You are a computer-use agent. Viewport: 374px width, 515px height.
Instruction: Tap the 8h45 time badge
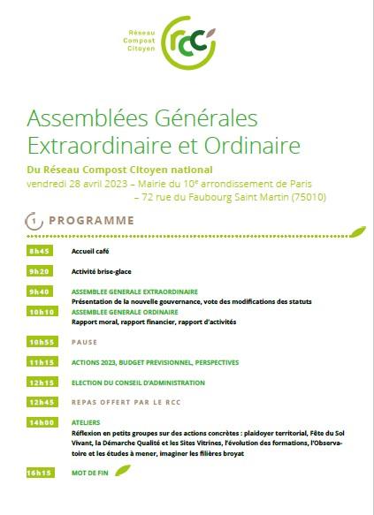click(41, 251)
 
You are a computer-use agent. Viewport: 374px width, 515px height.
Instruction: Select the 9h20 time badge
click(41, 271)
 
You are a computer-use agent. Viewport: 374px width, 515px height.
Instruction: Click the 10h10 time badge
click(41, 312)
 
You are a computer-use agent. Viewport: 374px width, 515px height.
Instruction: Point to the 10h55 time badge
click(41, 341)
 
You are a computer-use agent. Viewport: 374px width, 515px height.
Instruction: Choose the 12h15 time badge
click(41, 382)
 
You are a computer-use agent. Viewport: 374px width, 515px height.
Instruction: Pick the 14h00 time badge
click(41, 424)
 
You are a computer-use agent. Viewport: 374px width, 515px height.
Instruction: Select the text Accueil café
click(92, 251)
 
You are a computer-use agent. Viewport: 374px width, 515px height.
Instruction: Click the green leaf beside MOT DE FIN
click(124, 470)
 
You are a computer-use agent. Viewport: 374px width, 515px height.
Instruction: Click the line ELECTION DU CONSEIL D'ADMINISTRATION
click(138, 382)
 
